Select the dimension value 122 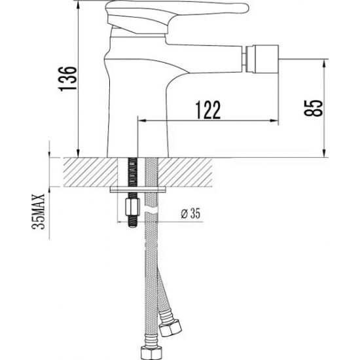coord(207,111)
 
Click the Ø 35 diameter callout coord(190,213)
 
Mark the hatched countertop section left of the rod coord(88,172)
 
